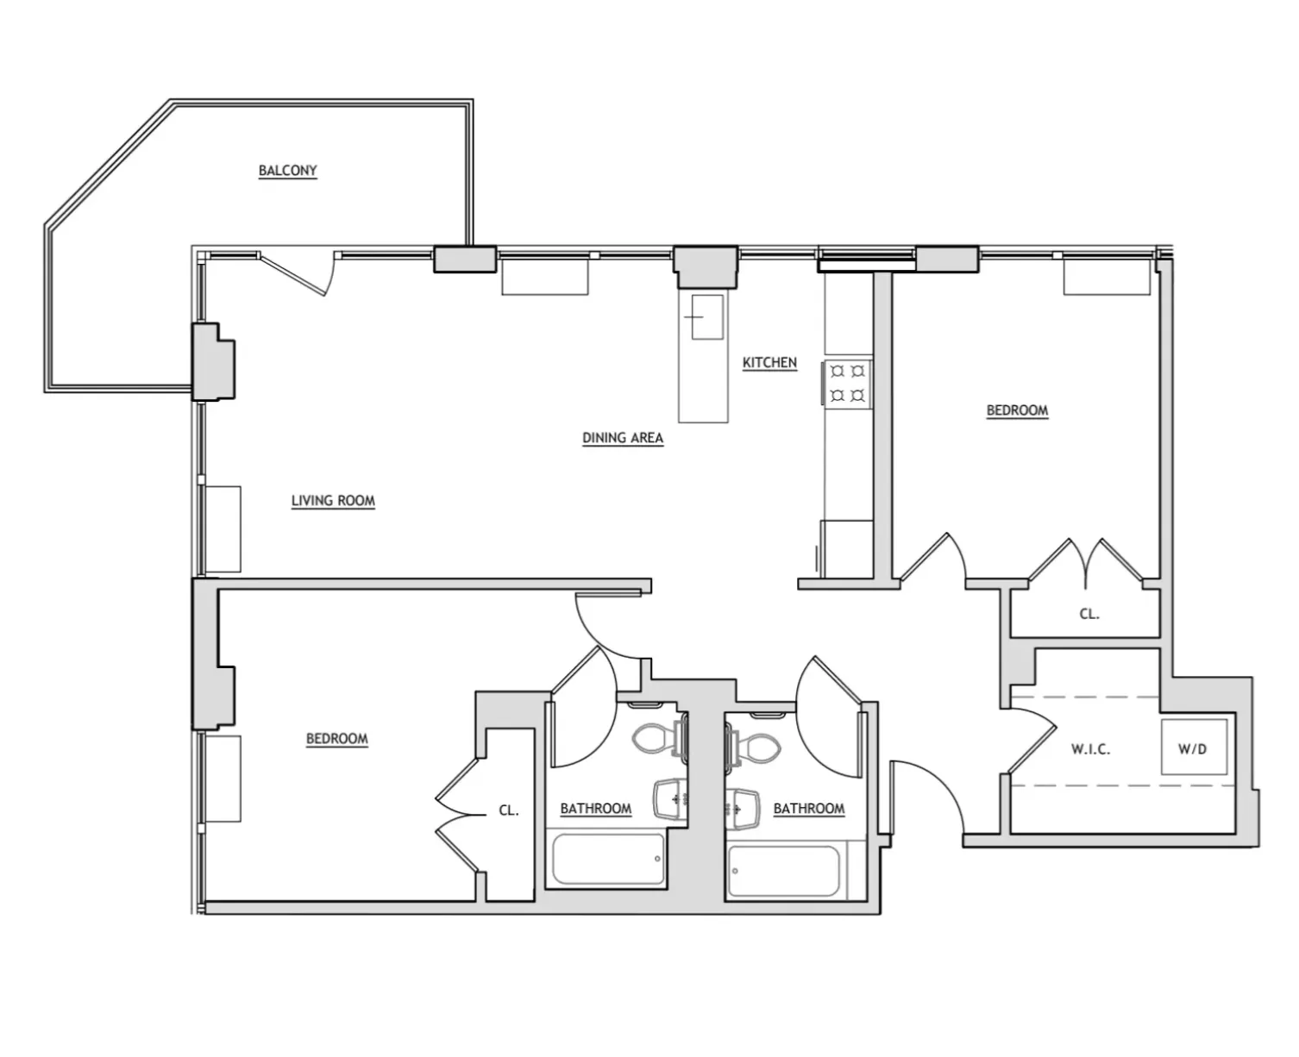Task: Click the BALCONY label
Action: (287, 171)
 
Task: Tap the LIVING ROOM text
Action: (333, 501)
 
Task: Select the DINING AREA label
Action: (622, 438)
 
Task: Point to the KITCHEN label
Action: (769, 363)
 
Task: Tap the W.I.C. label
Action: (1090, 749)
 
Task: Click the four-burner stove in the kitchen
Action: (847, 384)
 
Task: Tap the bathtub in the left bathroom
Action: (607, 859)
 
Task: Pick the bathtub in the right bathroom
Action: (783, 871)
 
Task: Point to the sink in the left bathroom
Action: (669, 799)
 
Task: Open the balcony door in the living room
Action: (295, 272)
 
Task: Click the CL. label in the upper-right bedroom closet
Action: (1089, 615)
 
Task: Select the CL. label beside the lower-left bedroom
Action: (508, 810)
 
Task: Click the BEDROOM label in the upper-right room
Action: (1017, 410)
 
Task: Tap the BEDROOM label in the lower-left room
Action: (336, 739)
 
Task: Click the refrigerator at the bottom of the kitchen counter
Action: (847, 548)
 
